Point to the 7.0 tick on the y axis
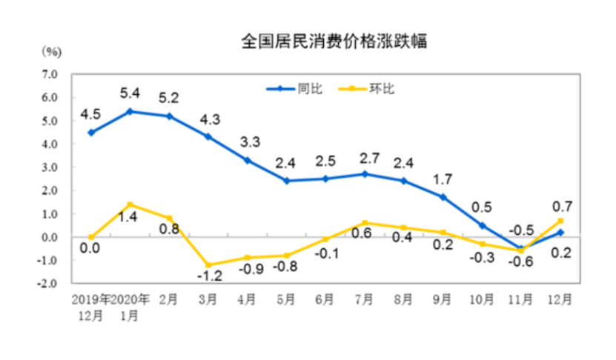tap(49, 74)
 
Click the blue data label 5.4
tap(130, 93)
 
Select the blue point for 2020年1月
tap(130, 111)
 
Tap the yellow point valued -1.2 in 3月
tap(208, 265)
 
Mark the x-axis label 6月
tap(325, 299)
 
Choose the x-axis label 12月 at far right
tap(560, 299)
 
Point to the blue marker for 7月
tap(364, 174)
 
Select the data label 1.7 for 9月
tap(443, 179)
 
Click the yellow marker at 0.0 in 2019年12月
tap(90, 237)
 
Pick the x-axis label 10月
tap(481, 299)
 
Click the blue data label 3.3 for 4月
tap(247, 142)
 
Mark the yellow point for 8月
tap(403, 227)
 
